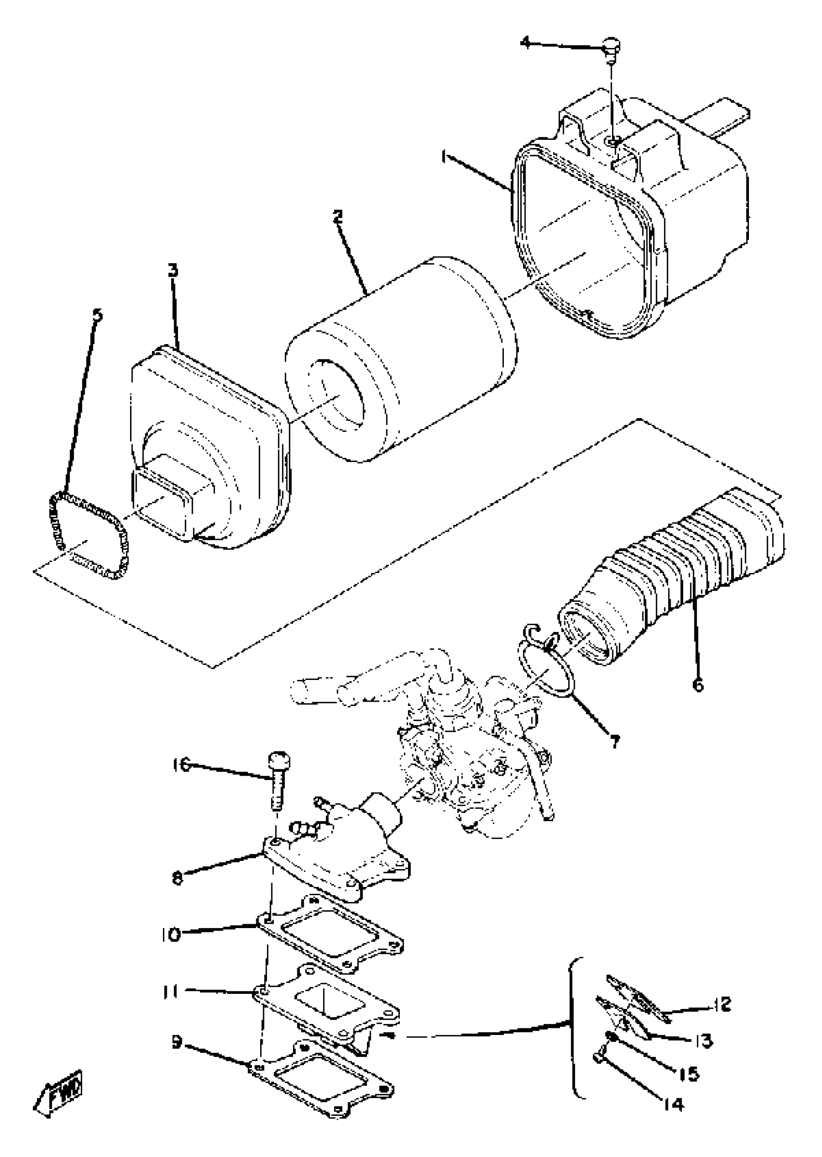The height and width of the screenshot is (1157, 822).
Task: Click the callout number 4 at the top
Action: (x=526, y=43)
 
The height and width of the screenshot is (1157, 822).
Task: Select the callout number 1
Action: (x=444, y=158)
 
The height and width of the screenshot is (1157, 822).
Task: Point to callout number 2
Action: (x=338, y=217)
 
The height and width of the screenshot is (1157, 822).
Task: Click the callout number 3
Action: (x=173, y=271)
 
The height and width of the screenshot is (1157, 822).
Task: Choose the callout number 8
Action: (x=177, y=877)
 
